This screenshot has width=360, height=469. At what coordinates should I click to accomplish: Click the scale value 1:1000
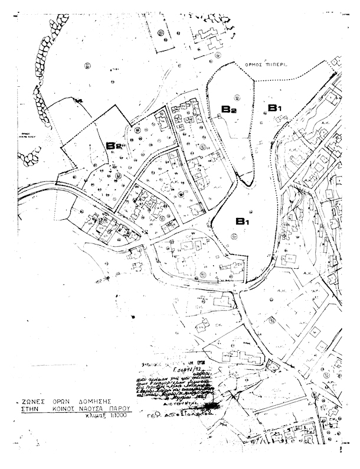(118, 416)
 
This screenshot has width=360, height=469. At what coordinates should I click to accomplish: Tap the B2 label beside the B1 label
(229, 108)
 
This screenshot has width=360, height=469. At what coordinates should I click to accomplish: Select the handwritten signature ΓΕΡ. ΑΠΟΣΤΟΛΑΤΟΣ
(180, 414)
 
